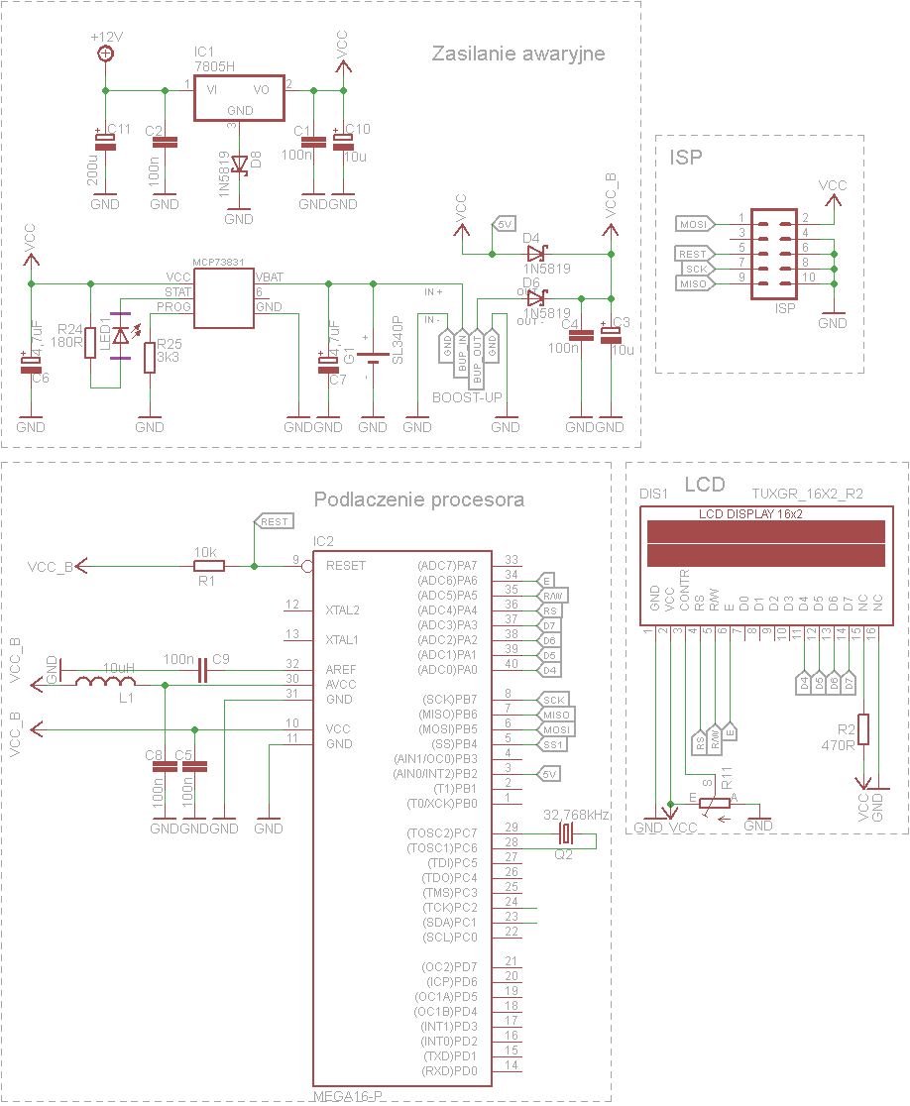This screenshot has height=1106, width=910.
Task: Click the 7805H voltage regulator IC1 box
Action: pyautogui.click(x=239, y=98)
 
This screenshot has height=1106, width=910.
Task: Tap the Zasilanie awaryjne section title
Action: pyautogui.click(x=517, y=54)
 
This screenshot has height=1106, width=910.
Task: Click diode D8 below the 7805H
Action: pyautogui.click(x=239, y=165)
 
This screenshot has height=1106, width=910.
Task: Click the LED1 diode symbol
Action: pyautogui.click(x=121, y=336)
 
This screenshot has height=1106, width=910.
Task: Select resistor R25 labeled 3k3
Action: pyautogui.click(x=150, y=358)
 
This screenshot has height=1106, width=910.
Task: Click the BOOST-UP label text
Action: pyautogui.click(x=468, y=397)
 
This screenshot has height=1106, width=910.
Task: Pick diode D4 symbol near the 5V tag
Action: pyautogui.click(x=536, y=254)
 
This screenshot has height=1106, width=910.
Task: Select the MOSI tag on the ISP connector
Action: pyautogui.click(x=694, y=224)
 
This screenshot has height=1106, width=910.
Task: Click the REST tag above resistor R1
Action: pyautogui.click(x=274, y=521)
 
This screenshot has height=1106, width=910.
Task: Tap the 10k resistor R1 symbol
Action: pyautogui.click(x=209, y=566)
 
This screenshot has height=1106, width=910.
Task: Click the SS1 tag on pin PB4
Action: pyautogui.click(x=554, y=744)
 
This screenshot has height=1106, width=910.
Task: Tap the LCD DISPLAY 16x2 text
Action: pyautogui.click(x=750, y=514)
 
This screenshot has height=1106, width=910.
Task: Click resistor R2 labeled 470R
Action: pyautogui.click(x=863, y=728)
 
